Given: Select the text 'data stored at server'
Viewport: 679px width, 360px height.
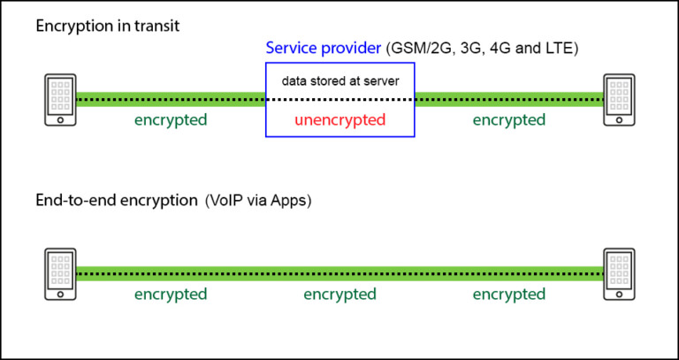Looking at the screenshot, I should pos(339,81).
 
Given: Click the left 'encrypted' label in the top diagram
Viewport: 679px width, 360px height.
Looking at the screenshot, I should pos(171,119).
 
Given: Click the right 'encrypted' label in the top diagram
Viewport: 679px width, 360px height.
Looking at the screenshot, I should pos(509,119).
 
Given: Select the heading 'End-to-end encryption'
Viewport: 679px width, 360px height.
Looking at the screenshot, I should pos(116,200).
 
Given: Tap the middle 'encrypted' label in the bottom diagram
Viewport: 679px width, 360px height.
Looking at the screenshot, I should pos(339,294).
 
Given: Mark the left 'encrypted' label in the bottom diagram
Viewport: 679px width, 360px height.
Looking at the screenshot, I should pos(171,294).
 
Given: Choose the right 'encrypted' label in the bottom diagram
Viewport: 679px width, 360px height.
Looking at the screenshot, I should pos(509,294).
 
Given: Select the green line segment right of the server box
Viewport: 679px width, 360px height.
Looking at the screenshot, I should pos(509,99).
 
